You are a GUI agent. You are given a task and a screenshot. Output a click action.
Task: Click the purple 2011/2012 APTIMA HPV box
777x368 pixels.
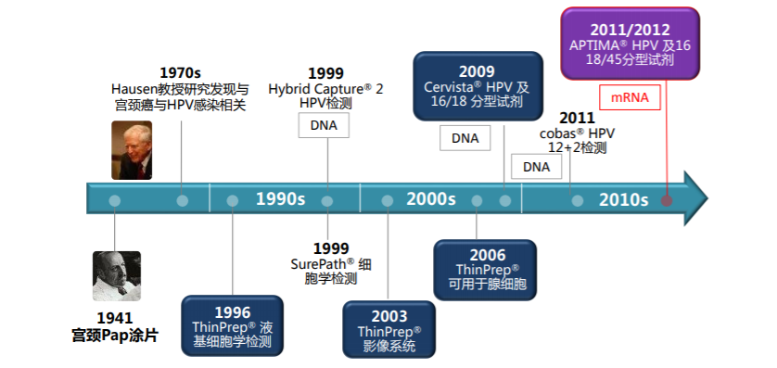click(630, 44)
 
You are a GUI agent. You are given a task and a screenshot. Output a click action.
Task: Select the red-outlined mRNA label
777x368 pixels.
click(630, 97)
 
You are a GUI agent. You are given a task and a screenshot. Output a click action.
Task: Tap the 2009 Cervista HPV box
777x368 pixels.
click(478, 86)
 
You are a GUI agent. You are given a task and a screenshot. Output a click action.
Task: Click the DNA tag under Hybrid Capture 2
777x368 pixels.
click(324, 125)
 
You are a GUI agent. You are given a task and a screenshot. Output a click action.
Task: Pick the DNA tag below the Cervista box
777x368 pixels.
click(465, 138)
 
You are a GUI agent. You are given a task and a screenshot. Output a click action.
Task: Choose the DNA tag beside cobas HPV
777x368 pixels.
click(536, 167)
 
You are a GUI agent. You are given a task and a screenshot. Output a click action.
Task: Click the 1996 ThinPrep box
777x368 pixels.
click(233, 326)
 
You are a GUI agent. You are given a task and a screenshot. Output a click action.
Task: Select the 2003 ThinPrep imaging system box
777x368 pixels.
click(389, 329)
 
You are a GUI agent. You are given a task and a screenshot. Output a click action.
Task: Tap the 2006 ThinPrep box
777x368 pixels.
click(485, 270)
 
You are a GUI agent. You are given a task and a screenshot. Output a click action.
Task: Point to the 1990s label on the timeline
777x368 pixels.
click(280, 199)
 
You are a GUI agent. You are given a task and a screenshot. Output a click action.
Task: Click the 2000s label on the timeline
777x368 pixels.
click(431, 199)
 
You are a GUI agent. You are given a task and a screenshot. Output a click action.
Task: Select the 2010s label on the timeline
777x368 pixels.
click(623, 199)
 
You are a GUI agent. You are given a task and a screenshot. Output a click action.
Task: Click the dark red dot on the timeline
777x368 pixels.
click(667, 200)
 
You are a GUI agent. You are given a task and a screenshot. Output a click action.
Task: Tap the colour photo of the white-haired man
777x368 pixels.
click(132, 150)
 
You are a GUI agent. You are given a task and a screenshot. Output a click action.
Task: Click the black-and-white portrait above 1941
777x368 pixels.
click(117, 276)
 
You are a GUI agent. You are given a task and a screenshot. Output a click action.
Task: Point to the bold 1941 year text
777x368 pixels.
click(115, 318)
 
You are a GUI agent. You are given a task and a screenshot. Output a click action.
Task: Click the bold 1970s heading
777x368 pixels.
click(181, 73)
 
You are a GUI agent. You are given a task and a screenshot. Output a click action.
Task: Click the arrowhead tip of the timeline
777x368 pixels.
click(708, 198)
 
